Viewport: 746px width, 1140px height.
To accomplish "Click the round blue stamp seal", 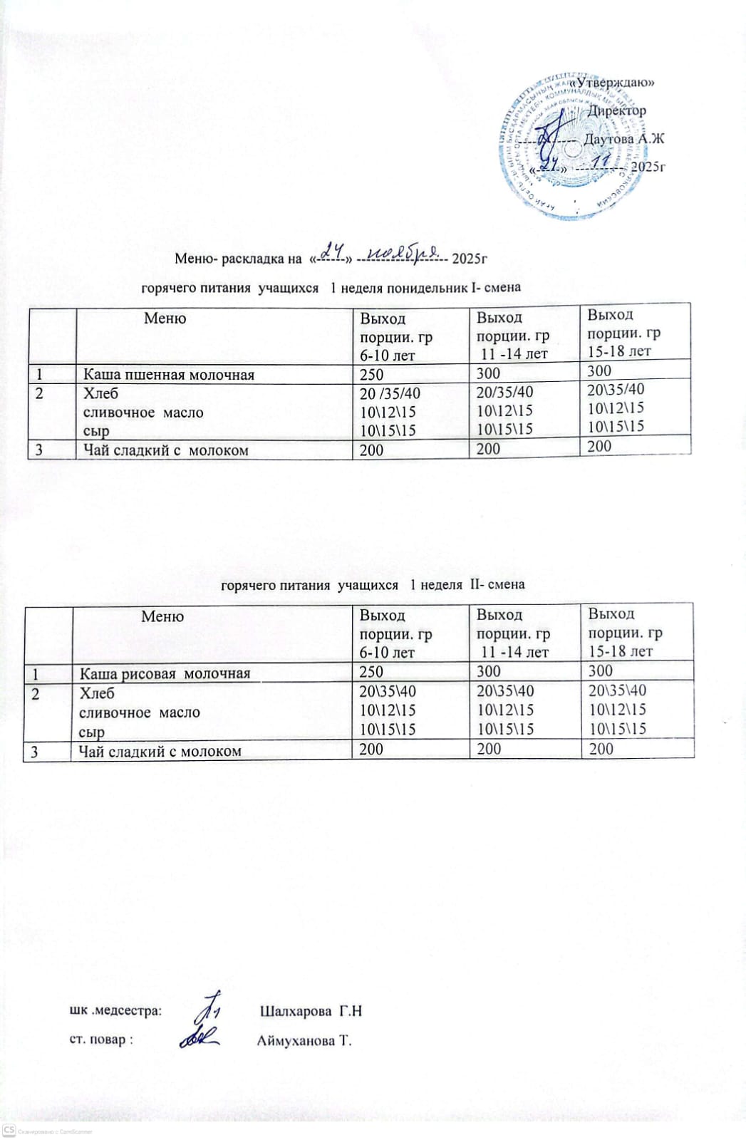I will click(563, 146).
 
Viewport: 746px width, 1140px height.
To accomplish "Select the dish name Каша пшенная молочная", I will click(169, 374).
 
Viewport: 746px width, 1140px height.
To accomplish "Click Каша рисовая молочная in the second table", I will click(165, 673).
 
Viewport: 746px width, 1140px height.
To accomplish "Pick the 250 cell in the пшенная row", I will click(372, 374).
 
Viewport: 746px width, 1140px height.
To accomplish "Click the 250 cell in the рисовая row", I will click(371, 671).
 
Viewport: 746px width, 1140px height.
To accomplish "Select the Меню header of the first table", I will click(165, 318).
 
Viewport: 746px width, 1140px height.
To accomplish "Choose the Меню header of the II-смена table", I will click(162, 616).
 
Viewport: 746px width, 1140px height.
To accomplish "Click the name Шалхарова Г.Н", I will click(311, 1011).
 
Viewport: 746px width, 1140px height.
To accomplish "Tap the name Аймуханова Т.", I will click(304, 1041).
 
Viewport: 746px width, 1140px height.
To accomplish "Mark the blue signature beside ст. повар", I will click(199, 1039).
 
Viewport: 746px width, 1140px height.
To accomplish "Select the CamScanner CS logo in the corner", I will click(9, 1130).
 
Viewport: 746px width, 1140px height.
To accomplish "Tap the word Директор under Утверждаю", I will click(617, 110).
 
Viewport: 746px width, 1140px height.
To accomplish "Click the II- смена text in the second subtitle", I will click(496, 585).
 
